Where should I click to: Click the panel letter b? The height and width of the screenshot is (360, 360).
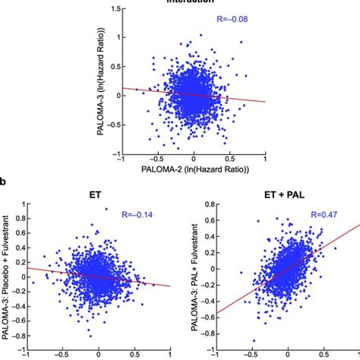click(x=5, y=183)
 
